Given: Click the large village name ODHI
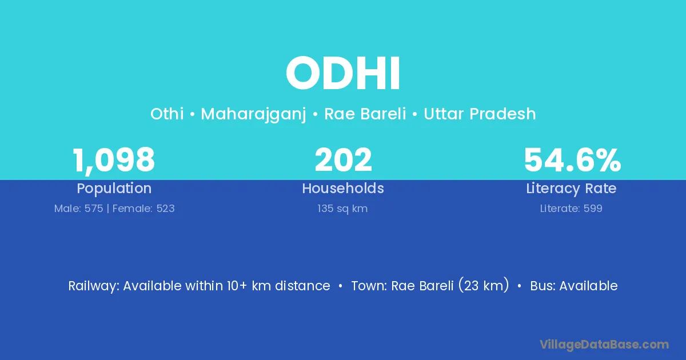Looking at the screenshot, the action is pos(343,74).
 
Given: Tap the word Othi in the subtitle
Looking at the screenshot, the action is pos(167,114).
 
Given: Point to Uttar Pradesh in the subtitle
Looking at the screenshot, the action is pos(480,114).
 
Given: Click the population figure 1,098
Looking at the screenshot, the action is pos(114,161).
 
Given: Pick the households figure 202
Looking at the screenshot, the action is pos(343,159).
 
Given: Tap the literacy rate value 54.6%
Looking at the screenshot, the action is pos(572,159).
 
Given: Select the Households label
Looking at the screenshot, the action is pos(343,188).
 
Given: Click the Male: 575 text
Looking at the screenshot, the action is pos(78,209).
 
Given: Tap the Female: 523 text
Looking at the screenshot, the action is pos(143,209).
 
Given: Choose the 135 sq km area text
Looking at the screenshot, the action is pos(342,209).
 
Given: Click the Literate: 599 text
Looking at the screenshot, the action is pos(571,209).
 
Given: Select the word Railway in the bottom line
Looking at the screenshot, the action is pos(93,286).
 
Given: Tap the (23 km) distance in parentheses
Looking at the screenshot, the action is pos(484,285).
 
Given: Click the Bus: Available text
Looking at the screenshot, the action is pos(574,286).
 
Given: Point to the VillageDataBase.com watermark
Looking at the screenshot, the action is pos(604,345).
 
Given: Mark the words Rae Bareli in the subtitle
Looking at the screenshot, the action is pos(365,114).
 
